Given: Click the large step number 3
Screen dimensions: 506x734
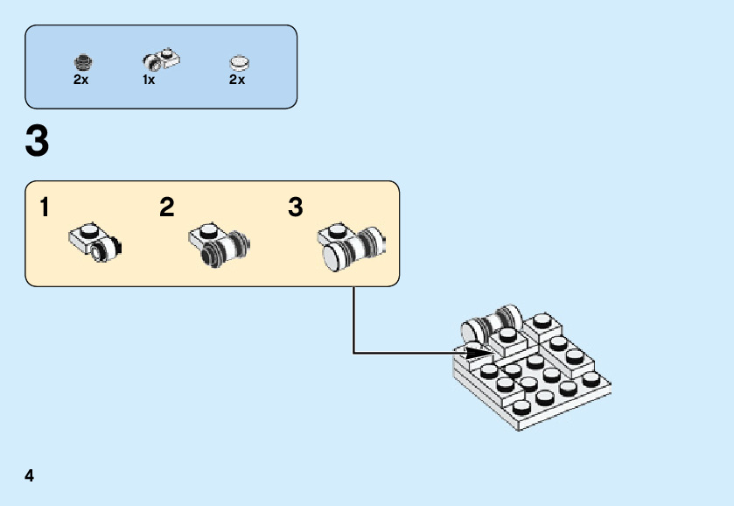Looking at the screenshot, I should pos(38,142).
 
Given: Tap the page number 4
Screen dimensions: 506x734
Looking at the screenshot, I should pos(30,476).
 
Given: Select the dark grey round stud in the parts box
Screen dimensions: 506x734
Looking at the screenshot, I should pos(81,62).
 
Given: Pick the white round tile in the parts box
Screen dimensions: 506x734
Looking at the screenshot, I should pos(238,62).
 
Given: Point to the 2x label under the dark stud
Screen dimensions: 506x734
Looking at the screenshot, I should pos(81,80).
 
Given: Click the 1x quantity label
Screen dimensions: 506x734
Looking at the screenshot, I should pos(149,80).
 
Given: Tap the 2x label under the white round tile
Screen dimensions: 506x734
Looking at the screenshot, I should pos(237,80).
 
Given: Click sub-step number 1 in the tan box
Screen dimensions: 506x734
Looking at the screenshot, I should pos(44,208).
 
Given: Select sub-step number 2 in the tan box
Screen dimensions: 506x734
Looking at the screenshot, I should pos(167,208).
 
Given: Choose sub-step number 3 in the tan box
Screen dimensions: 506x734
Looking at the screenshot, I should pos(296,208).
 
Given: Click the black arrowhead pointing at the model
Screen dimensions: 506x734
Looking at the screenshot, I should pos(477,353).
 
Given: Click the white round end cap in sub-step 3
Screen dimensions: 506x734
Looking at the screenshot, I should pos(332,257).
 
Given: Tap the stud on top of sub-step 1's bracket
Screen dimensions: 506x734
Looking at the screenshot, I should pos(87,229).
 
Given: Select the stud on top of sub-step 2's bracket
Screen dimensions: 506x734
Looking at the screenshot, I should pos(208,230).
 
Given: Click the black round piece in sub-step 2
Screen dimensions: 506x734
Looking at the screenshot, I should pos(213,255).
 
